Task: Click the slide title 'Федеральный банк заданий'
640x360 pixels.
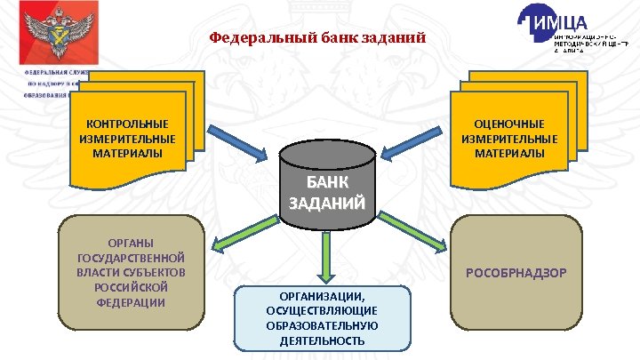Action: point(317,39)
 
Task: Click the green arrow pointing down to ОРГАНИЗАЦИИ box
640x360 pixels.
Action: point(326,258)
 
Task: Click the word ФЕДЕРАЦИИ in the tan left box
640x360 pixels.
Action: point(132,302)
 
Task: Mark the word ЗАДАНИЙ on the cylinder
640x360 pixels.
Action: point(326,204)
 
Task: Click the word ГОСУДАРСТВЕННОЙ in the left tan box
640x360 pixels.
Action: point(132,258)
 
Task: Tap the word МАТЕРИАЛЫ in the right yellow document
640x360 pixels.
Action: point(509,153)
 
